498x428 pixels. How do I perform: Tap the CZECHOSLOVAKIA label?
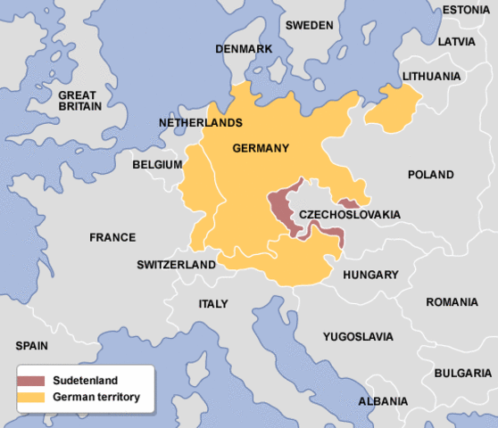tap(349, 214)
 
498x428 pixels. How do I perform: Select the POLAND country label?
tap(430, 175)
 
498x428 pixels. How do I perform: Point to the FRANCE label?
tap(112, 237)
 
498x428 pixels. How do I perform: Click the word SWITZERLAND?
tap(176, 265)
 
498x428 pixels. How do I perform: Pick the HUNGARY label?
tap(369, 275)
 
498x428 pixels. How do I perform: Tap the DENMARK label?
tap(242, 48)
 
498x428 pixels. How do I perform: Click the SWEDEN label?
tap(309, 25)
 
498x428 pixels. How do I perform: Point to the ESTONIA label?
tap(465, 10)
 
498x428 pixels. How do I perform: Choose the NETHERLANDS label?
tap(200, 121)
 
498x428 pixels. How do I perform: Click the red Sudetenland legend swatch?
tap(31, 381)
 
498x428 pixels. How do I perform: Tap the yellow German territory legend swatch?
tap(31, 396)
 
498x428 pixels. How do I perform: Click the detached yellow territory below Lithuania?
tap(393, 106)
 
